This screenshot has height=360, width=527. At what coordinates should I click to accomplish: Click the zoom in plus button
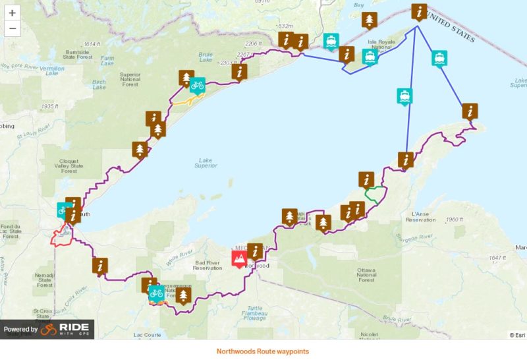coord(12,13)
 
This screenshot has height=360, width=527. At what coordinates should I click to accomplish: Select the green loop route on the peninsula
coord(375,195)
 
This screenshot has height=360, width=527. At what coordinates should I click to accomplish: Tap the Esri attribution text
coord(516,335)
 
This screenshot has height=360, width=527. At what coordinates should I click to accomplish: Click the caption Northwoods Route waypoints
coord(262,351)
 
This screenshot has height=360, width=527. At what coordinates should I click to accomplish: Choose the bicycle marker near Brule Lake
coord(197,85)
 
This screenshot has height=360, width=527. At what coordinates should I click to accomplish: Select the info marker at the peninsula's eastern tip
coord(470,111)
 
